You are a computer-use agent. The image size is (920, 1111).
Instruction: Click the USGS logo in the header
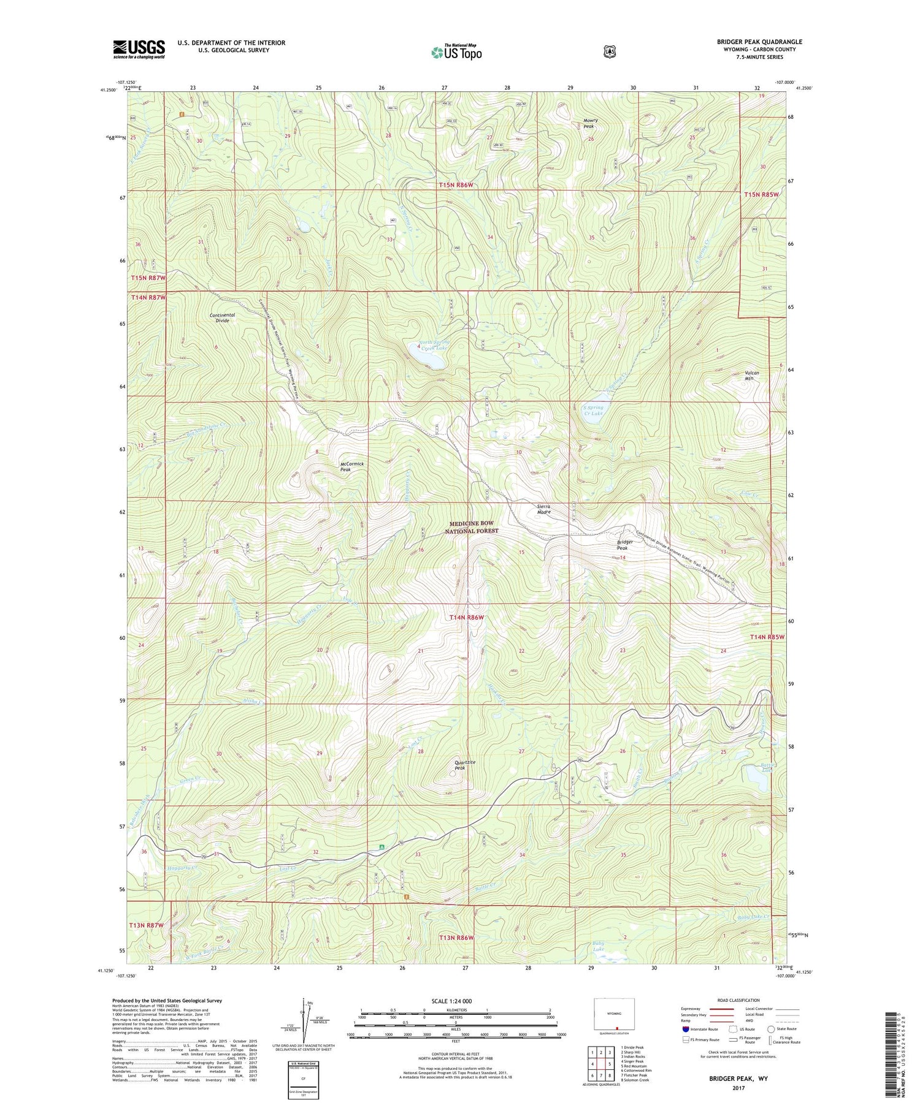(x=139, y=49)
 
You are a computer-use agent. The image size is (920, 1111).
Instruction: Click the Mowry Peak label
(x=590, y=123)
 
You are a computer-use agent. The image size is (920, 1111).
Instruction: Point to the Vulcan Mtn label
(x=752, y=376)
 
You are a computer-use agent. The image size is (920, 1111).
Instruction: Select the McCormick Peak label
(x=352, y=466)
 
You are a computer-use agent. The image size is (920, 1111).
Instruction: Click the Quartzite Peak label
(x=464, y=765)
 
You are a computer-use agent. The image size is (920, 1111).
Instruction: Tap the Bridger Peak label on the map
(x=627, y=545)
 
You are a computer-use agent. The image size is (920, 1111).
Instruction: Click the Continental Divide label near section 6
(x=222, y=317)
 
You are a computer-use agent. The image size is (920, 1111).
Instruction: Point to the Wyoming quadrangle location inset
(x=614, y=1015)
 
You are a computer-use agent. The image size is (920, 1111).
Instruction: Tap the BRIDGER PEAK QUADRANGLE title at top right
(x=759, y=42)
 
